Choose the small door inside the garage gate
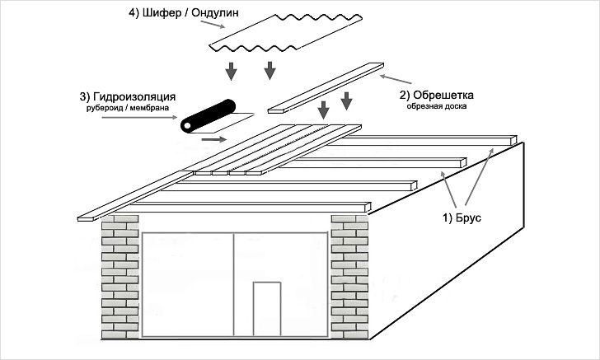tap(265, 308)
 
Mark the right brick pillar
tap(350, 276)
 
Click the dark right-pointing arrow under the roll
tap(213, 139)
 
